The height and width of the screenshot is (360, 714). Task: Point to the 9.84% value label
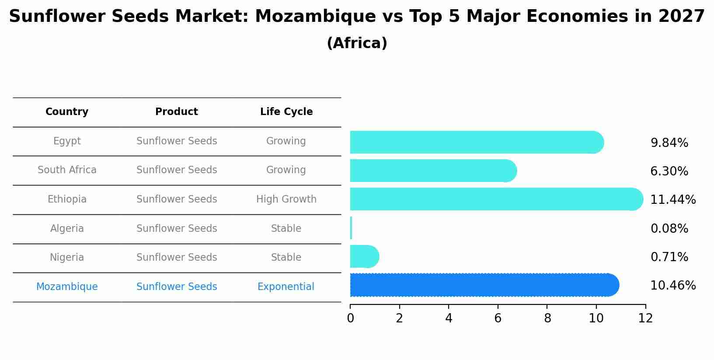tap(669, 143)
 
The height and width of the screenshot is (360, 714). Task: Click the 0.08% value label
tap(669, 228)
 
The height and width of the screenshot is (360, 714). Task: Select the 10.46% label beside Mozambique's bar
tap(672, 286)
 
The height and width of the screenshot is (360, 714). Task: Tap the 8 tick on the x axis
tap(547, 318)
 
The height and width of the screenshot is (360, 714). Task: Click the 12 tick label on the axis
tap(645, 318)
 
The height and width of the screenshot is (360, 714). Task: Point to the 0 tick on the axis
tap(350, 318)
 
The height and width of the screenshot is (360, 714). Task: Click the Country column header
tap(67, 112)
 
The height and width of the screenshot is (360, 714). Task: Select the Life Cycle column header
tap(286, 112)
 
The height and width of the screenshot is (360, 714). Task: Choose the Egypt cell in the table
tap(67, 141)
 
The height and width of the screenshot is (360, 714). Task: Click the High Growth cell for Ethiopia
tap(286, 199)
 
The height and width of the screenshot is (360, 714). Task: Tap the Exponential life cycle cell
tap(286, 287)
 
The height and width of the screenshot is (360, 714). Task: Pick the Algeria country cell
tap(67, 228)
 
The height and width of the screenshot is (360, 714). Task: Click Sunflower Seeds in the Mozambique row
tap(177, 287)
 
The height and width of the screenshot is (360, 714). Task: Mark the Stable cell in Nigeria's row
tap(286, 257)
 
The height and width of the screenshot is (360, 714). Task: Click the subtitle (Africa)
tap(357, 43)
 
